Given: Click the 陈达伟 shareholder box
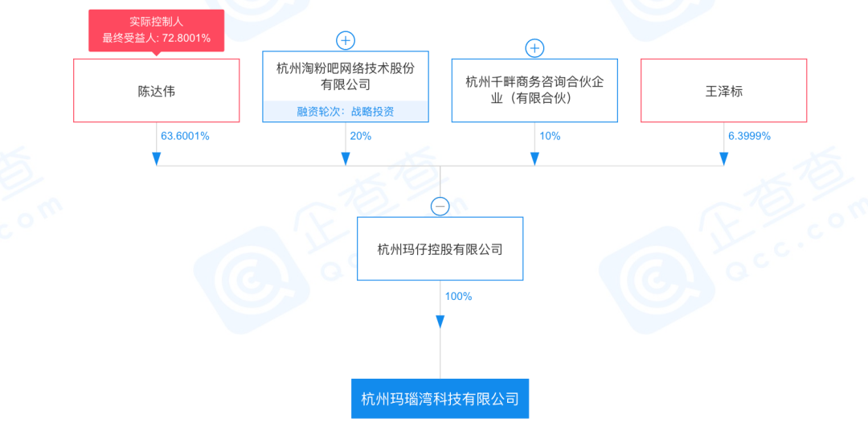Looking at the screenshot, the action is tap(156, 90).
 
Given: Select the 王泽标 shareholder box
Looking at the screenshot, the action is tap(723, 90).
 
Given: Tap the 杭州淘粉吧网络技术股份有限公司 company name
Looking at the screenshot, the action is tap(346, 76).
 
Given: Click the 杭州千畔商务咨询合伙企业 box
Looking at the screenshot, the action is tap(534, 90).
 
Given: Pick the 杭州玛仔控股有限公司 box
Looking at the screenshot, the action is tap(440, 248).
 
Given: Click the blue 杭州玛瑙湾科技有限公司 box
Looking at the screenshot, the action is tap(440, 398).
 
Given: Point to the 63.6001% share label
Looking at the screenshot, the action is tap(185, 136).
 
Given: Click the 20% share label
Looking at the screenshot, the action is tap(360, 136).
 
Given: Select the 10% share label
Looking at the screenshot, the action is tap(550, 136).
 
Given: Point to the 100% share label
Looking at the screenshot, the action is tap(458, 297).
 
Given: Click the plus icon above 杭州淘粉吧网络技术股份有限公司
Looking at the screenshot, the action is tap(346, 41).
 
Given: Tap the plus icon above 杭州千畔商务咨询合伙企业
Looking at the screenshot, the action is tap(534, 49).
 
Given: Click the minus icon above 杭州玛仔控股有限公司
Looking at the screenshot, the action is tap(440, 207).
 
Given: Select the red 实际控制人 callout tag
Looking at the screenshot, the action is tap(156, 31).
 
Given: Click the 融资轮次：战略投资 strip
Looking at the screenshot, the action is tap(346, 111).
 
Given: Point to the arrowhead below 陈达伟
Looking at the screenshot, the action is tap(156, 159).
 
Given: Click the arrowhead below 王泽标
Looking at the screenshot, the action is tap(723, 159).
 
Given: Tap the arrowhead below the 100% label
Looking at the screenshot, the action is tap(440, 322).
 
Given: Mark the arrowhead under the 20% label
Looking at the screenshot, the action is tap(346, 159).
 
